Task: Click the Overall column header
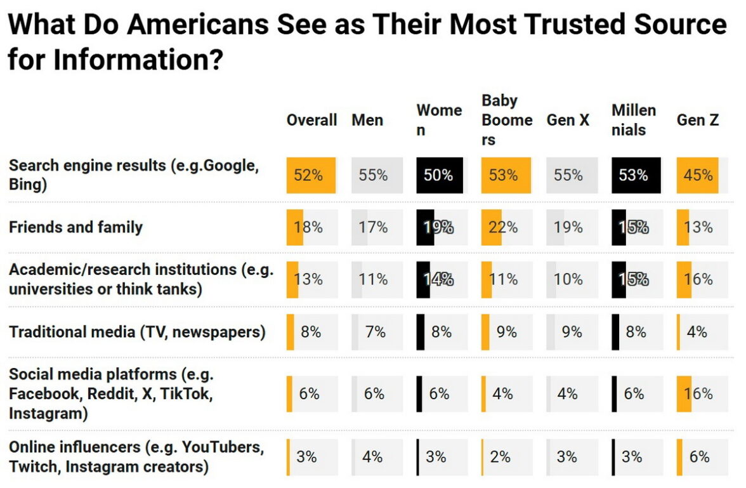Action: click(x=311, y=120)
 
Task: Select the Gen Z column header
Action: click(x=697, y=120)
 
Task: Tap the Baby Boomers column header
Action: click(x=506, y=120)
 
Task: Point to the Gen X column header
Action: click(x=568, y=120)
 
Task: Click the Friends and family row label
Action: click(x=75, y=227)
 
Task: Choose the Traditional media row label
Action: click(x=137, y=332)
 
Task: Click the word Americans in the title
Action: click(x=199, y=25)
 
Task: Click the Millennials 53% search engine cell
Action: click(x=636, y=175)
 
